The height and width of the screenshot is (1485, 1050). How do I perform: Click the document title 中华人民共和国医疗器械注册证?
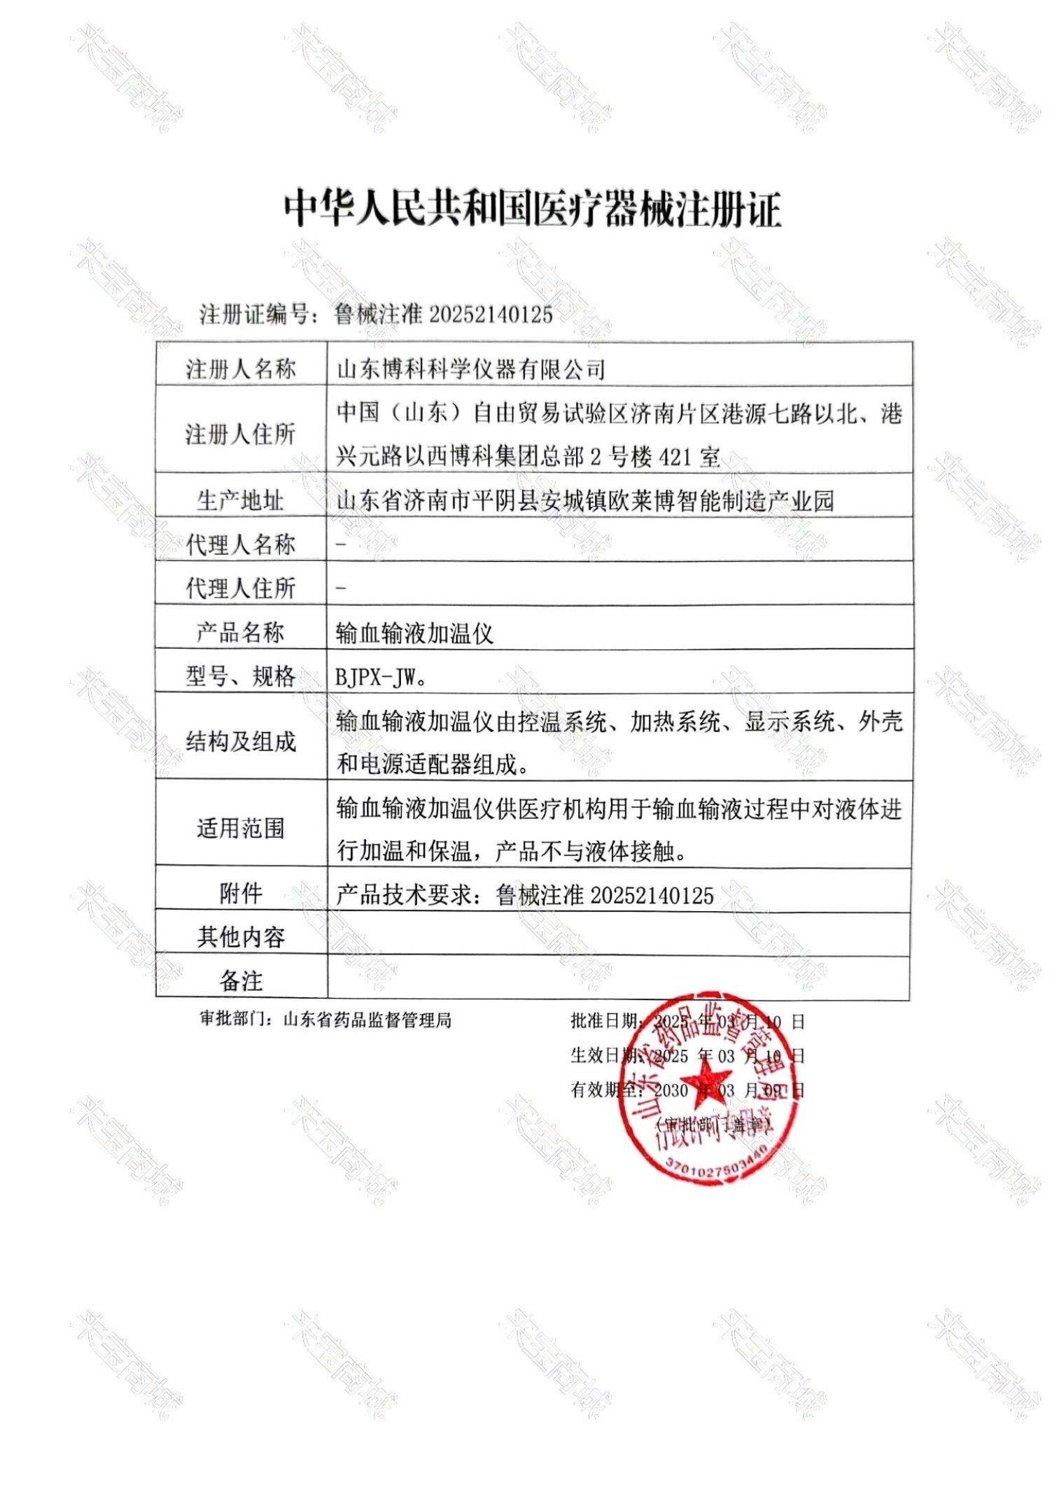(532, 208)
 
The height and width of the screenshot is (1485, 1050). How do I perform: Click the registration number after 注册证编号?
(443, 315)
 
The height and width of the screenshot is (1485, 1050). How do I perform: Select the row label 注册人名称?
(241, 369)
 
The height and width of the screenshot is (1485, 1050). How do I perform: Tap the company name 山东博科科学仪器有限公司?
(470, 369)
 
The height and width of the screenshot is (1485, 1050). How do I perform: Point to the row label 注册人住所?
(241, 434)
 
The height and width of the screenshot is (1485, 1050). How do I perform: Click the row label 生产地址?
(241, 500)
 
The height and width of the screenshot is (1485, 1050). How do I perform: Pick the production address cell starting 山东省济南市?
(585, 500)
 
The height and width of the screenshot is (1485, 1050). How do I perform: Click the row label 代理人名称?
(241, 544)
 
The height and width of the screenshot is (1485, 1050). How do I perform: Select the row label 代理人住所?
(241, 588)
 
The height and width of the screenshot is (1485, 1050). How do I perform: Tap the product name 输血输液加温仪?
(414, 633)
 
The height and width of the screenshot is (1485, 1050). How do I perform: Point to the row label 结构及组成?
(241, 741)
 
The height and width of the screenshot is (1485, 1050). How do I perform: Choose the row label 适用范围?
(241, 828)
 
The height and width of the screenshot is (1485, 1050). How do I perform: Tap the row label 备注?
(241, 980)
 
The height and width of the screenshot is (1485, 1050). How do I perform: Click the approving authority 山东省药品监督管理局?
(367, 1020)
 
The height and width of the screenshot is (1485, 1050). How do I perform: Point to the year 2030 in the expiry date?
(671, 1090)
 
